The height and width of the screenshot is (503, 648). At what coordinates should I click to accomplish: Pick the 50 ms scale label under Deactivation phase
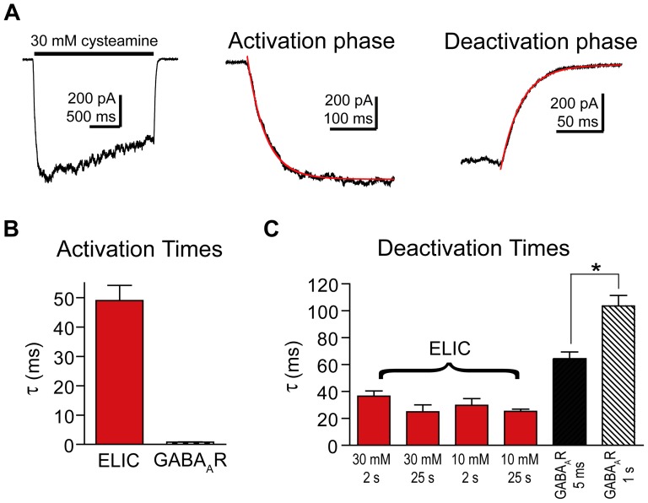[x=578, y=122]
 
